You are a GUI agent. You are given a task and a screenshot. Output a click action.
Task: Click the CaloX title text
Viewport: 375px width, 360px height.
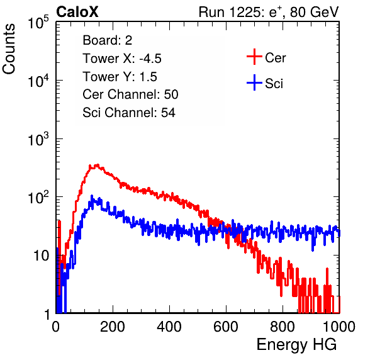[77, 12]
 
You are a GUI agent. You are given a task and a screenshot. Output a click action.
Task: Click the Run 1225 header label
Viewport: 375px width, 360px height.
[269, 12]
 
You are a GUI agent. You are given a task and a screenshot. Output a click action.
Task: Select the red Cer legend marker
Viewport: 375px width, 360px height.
[254, 57]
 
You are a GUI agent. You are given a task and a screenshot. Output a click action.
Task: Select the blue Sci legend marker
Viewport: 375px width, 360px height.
[254, 82]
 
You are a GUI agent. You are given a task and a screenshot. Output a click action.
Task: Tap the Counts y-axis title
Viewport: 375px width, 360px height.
[9, 49]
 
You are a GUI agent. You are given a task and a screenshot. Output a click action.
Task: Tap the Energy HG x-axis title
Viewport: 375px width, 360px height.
[296, 345]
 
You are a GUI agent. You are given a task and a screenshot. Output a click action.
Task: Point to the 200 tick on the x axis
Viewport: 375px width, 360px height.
[113, 327]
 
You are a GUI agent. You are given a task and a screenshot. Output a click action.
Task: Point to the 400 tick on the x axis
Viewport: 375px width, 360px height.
[169, 327]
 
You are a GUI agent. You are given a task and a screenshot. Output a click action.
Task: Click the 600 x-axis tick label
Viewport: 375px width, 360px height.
[226, 327]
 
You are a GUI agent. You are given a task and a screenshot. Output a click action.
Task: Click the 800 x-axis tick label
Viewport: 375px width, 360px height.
[283, 327]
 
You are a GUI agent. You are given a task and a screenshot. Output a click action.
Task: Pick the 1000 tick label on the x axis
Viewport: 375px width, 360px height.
[339, 327]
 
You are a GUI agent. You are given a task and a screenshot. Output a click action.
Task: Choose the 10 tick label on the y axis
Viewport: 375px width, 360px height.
[41, 256]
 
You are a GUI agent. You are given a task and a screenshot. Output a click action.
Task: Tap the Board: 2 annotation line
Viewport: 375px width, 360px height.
[107, 40]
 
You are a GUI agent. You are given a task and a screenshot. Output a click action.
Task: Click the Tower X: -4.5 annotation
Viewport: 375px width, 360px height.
[122, 59]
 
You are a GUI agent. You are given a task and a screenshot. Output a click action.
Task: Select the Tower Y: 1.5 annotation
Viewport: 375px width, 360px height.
[120, 77]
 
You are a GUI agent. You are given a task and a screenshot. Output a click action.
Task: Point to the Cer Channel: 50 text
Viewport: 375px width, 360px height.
[130, 94]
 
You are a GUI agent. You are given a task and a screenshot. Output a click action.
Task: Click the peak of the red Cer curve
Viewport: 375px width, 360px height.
[97, 165]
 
